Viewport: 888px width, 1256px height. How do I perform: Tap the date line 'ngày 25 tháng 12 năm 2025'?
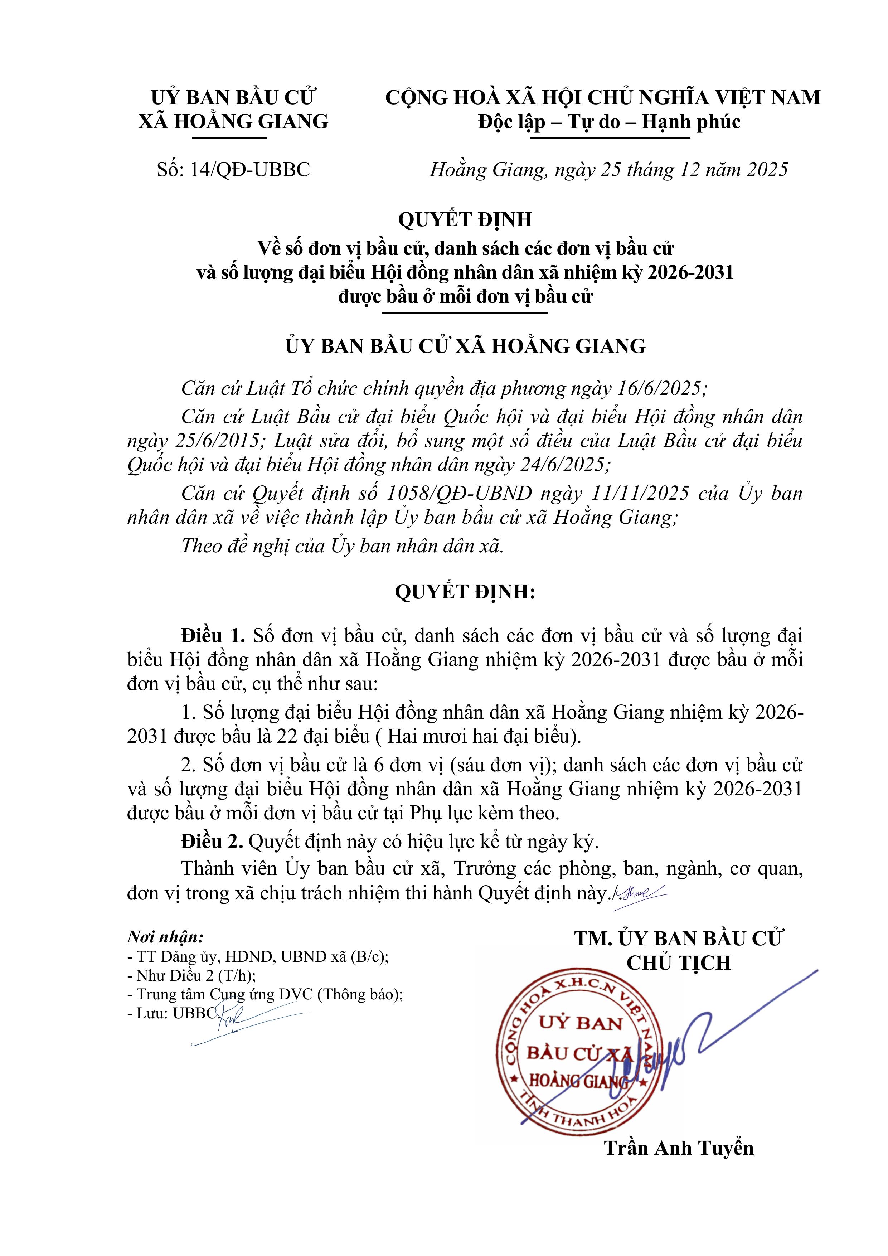point(671,170)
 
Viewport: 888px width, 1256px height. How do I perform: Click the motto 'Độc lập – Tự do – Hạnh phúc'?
point(609,121)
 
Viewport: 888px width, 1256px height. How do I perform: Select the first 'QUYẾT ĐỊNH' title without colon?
point(465,219)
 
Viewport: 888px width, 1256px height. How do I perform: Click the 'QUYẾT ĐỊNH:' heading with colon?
point(465,592)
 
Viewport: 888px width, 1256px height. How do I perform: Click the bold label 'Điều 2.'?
point(212,842)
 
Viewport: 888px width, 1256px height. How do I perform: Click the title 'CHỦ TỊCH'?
point(679,963)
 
